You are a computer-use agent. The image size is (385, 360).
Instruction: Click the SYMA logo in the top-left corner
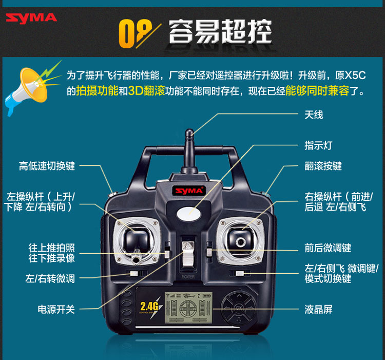[x=31, y=17]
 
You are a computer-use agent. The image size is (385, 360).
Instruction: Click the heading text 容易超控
[x=220, y=32]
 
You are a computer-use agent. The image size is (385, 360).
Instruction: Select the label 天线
[x=314, y=115]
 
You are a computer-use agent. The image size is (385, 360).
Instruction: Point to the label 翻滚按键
[x=323, y=166]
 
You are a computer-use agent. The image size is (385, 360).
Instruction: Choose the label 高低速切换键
[x=47, y=166]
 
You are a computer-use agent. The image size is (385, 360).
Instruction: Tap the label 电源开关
[x=56, y=309]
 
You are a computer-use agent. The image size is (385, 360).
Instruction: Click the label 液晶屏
[x=318, y=309]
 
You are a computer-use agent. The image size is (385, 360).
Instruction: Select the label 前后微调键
[x=328, y=248]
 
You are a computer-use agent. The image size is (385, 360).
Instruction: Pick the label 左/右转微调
[x=50, y=279]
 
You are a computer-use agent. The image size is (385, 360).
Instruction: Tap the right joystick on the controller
[x=239, y=237]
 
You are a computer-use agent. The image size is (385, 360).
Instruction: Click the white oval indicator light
[x=187, y=212]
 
